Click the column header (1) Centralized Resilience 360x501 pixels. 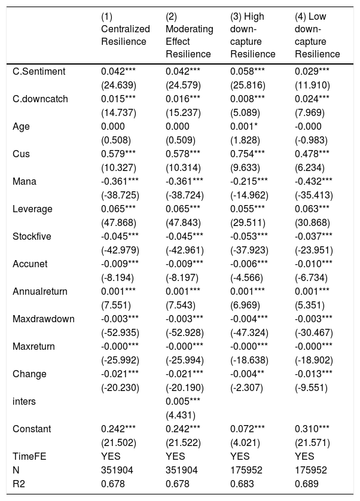[x=126, y=29]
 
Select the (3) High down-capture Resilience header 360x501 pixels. [x=252, y=35]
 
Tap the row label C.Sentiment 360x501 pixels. [x=39, y=71]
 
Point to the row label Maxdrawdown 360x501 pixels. [x=44, y=319]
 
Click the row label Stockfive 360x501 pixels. [x=32, y=236]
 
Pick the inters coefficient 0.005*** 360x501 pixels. [x=183, y=401]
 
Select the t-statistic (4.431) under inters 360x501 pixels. [x=181, y=415]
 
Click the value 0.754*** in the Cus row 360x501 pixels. [x=248, y=154]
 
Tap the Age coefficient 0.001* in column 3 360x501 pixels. [x=244, y=126]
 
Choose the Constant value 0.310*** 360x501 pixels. [x=312, y=429]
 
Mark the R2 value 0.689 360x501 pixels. [x=307, y=484]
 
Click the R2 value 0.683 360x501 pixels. [x=242, y=484]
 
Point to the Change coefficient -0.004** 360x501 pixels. [x=248, y=374]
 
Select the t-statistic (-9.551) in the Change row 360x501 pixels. [x=311, y=387]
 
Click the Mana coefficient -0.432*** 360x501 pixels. [x=313, y=181]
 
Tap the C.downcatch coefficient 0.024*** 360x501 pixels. [x=312, y=99]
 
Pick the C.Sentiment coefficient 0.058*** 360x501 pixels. [x=248, y=71]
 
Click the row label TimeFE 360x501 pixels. [x=29, y=456]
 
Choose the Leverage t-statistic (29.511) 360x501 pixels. [x=248, y=222]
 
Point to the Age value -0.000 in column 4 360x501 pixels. [x=308, y=126]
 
